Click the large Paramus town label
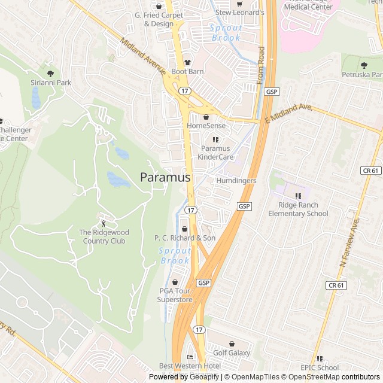(165, 178)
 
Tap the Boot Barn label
(187, 71)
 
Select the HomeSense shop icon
(206, 117)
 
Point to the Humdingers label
(236, 181)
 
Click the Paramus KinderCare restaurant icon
(215, 139)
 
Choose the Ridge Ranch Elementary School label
(298, 209)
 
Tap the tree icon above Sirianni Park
(50, 73)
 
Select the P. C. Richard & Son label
(185, 238)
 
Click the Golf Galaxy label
(231, 353)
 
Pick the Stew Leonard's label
(239, 13)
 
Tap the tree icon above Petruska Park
(364, 65)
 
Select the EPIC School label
(320, 368)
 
